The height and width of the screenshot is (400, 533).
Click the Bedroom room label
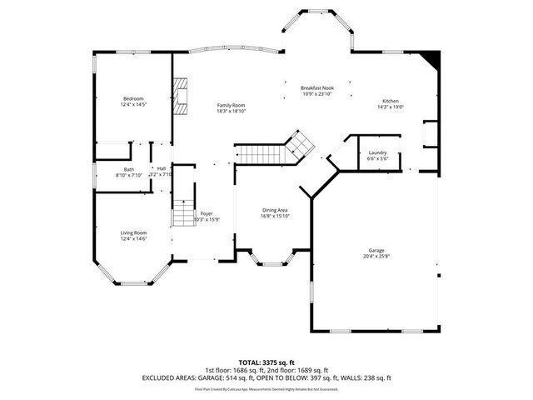(x=133, y=98)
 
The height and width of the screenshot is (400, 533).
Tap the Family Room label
(x=231, y=105)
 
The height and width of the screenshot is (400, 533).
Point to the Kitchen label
(x=390, y=100)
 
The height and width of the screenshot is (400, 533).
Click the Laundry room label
(x=376, y=152)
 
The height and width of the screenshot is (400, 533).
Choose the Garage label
(x=376, y=250)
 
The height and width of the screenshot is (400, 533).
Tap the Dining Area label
(x=276, y=210)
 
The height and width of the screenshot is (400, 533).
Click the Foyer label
(x=207, y=213)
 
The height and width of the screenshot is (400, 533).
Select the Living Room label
(x=133, y=232)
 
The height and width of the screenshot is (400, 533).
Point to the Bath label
(x=129, y=169)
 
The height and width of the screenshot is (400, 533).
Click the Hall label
(x=161, y=169)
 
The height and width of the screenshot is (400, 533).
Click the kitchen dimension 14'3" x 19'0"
(x=390, y=106)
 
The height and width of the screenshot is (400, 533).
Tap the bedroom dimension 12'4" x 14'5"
(x=133, y=104)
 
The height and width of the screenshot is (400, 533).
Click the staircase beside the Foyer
(x=183, y=214)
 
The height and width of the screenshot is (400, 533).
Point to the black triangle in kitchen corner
(x=431, y=59)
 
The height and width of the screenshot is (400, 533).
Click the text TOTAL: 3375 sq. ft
(x=266, y=362)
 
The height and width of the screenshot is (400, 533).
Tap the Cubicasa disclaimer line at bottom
(x=266, y=388)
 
